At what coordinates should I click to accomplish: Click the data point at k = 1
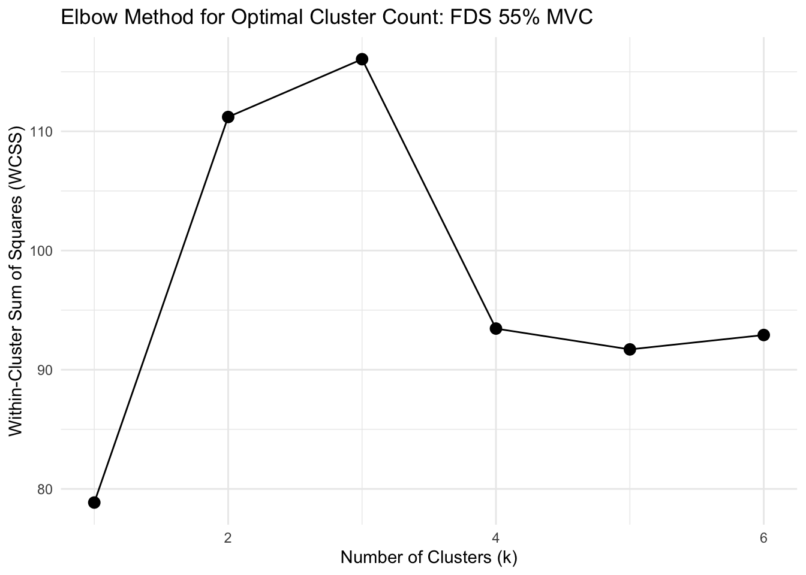[94, 502]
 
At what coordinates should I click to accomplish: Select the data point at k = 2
[228, 117]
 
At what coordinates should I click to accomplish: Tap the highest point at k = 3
[362, 59]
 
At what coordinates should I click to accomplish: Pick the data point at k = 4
[496, 328]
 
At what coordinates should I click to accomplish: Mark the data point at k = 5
[630, 349]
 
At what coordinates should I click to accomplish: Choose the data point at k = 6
[763, 335]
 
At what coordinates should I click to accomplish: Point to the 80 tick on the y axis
[45, 489]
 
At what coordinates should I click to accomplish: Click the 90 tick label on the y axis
[45, 370]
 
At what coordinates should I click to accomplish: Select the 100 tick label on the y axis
[42, 251]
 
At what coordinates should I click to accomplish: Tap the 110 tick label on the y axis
[42, 132]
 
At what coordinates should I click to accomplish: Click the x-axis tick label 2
[228, 537]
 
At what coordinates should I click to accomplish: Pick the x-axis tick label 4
[496, 537]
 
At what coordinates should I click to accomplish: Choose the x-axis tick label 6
[763, 537]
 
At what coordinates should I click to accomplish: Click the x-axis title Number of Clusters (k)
[429, 558]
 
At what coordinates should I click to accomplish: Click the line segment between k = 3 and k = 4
[429, 193]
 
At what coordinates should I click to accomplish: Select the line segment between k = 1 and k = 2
[161, 310]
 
